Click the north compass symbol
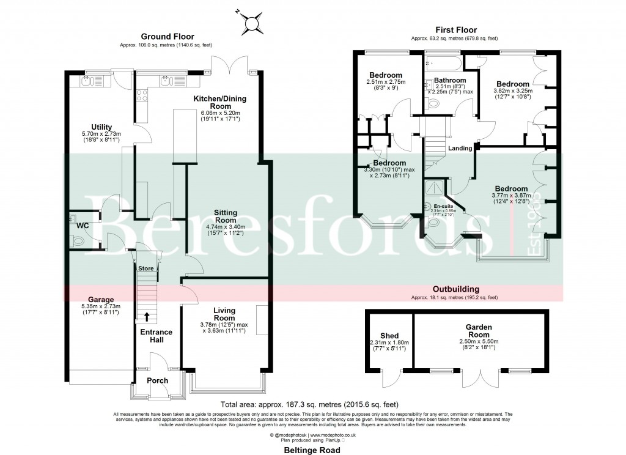click(251, 23)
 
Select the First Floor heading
click(455, 29)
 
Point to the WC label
click(83, 225)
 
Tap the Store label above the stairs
click(146, 268)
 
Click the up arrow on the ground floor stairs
click(147, 316)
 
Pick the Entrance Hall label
click(156, 336)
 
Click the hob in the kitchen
click(142, 95)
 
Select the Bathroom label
click(449, 81)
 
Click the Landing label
click(460, 148)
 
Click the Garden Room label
click(479, 328)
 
